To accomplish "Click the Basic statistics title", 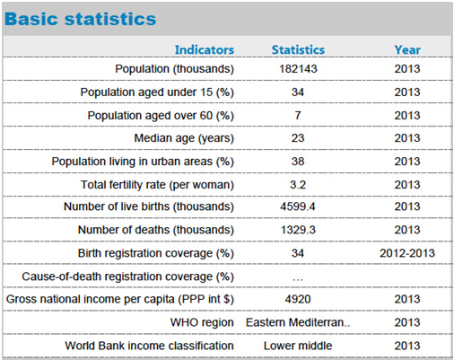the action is pos(80,19).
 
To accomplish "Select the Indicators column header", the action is pos(205,49).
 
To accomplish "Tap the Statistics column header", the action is pos(298,49).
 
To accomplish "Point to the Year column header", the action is pos(407,49).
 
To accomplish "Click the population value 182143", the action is pos(298,69).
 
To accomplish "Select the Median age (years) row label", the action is pos(184,138).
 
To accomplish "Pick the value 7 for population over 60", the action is pos(298,115).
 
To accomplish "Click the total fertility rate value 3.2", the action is pos(298,185).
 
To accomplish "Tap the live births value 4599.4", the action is pos(298,206).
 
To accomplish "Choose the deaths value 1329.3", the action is pos(298,230).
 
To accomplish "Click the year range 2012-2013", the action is pos(407,253).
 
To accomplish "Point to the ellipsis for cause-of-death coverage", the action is pos(298,279).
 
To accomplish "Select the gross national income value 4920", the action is pos(298,299).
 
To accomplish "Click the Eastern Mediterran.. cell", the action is pos(298,322).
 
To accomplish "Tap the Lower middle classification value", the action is pos(298,346).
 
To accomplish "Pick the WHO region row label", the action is pos(202,322).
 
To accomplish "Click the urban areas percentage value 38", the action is pos(298,162).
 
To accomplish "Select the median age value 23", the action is pos(298,138).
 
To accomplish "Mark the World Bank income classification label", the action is pos(149,346).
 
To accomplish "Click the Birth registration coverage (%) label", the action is pos(156,253).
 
